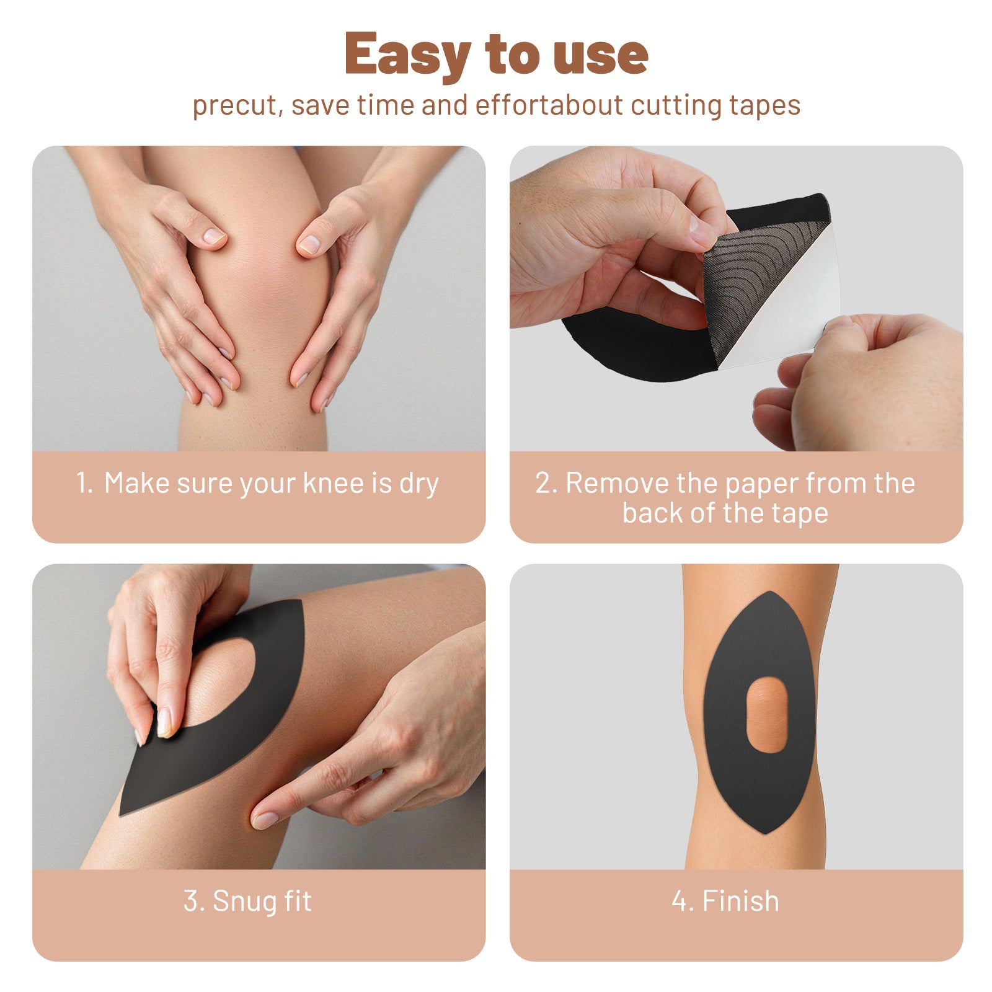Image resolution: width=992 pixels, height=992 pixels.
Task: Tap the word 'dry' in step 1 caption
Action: pos(419,484)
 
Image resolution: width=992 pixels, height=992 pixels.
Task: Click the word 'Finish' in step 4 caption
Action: pos(740,901)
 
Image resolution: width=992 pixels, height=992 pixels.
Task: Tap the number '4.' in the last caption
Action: pos(682,901)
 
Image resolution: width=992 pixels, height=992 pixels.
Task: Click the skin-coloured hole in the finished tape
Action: pos(767,714)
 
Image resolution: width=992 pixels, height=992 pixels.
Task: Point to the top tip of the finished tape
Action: pos(769,591)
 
